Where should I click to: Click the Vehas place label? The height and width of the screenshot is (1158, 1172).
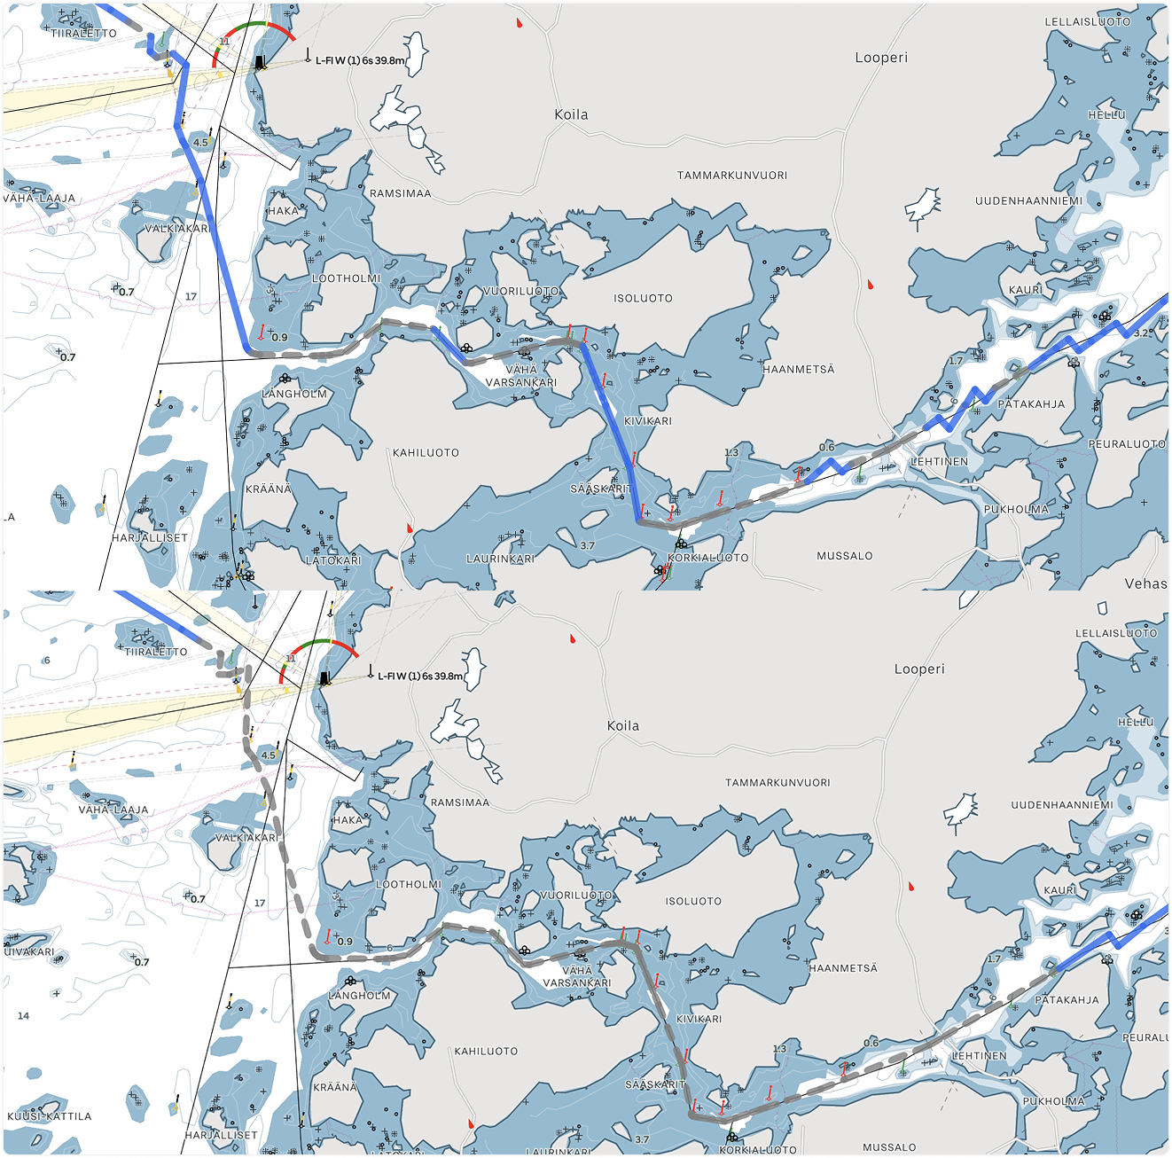[x=1145, y=583]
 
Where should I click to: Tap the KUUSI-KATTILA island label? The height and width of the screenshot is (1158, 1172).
[x=49, y=1116]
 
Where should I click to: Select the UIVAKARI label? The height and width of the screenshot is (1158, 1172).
[x=29, y=951]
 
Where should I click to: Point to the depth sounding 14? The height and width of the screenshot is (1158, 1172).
[x=23, y=1016]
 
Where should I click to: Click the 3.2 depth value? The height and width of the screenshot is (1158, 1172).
[x=1143, y=333]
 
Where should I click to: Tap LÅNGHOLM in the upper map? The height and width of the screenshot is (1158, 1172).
[x=294, y=394]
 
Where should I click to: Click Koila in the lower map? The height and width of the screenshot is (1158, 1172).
[x=623, y=726]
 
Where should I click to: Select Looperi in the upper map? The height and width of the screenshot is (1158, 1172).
[x=881, y=58]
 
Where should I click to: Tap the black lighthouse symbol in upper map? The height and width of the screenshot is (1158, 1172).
[x=260, y=62]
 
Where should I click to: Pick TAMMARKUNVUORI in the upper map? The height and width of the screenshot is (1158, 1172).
[x=732, y=176]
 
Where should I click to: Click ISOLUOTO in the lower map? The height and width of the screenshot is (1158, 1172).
[x=693, y=901]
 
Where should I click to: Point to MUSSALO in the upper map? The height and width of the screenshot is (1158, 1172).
[x=844, y=556]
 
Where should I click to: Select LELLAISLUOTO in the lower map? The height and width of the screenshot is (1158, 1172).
[x=1116, y=633]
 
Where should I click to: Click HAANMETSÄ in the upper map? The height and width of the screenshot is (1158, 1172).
[x=799, y=369]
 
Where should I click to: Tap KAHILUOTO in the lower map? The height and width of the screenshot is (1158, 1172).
[x=486, y=1052]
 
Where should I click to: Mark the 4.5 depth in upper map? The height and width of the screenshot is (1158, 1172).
[x=201, y=142]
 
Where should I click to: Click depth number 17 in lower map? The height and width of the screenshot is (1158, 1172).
[x=260, y=903]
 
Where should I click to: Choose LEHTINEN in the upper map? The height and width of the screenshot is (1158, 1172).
[x=939, y=461]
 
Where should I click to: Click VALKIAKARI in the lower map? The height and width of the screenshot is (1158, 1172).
[x=246, y=838]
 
